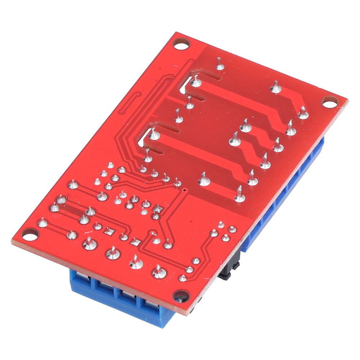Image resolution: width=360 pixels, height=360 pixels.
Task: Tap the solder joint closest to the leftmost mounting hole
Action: (43, 223)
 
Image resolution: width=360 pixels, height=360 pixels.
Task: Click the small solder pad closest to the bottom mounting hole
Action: (183, 278)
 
